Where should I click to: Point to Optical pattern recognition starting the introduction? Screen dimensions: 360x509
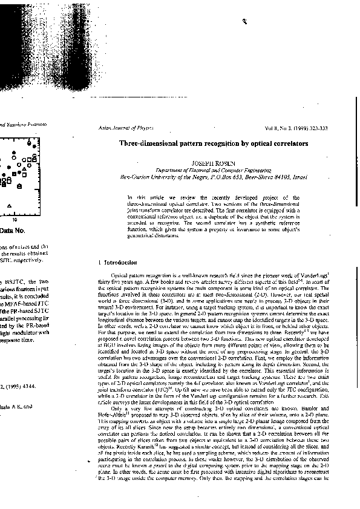(148, 280)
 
